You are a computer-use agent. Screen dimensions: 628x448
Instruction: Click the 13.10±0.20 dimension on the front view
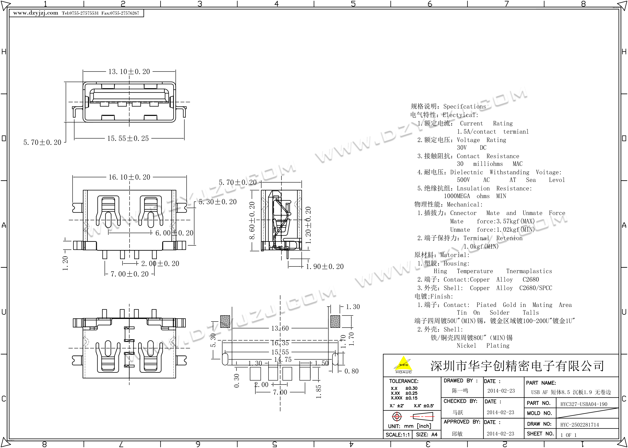(129, 72)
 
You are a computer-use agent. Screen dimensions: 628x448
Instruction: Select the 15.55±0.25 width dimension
(128, 139)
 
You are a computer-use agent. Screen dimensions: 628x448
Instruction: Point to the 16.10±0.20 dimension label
(129, 177)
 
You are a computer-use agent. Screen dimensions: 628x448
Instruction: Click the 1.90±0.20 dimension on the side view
(325, 266)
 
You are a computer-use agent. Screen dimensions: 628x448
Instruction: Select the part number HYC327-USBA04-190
(584, 404)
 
